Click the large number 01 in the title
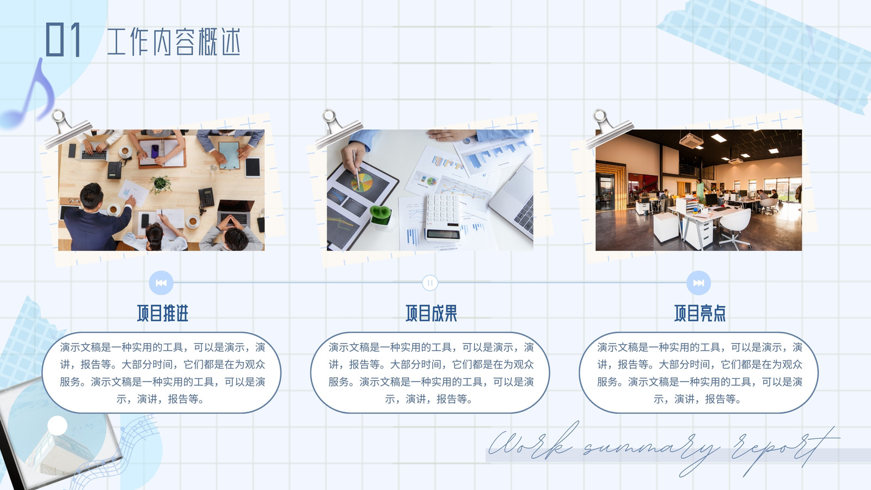(63, 39)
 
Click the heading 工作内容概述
(174, 41)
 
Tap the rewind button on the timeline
(161, 283)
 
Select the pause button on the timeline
(430, 283)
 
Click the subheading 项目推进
(163, 313)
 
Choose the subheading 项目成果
(431, 313)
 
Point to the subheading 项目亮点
(700, 313)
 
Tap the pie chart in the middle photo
(362, 182)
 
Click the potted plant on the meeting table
(161, 185)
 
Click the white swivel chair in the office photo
(734, 227)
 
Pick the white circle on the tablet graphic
(57, 425)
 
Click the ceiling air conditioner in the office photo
(691, 140)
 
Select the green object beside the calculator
(381, 215)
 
